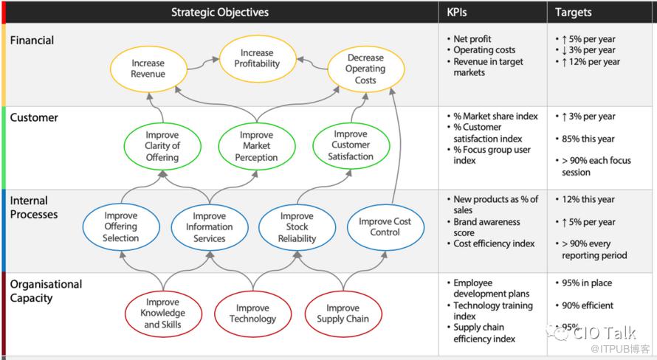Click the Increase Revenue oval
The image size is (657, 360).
click(x=148, y=69)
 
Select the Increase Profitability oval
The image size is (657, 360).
click(x=257, y=58)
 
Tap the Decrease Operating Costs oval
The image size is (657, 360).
click(x=365, y=69)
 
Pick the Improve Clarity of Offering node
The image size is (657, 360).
click(x=162, y=146)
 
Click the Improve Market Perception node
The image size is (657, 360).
click(x=256, y=146)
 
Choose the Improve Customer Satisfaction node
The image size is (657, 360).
click(x=351, y=145)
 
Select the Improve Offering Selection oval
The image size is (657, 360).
click(x=121, y=227)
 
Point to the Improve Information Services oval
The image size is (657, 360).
click(x=209, y=227)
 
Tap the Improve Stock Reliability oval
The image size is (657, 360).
click(x=297, y=227)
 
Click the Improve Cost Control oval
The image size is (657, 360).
click(x=385, y=226)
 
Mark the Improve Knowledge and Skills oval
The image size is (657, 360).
click(x=162, y=313)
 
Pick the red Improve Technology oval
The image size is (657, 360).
click(x=252, y=314)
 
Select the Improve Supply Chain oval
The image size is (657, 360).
click(x=343, y=314)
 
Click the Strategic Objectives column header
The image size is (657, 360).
click(x=220, y=12)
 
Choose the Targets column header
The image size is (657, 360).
click(x=574, y=12)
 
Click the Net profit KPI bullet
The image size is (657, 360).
click(x=472, y=39)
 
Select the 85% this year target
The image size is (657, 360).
click(x=588, y=138)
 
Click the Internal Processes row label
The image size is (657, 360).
click(x=34, y=207)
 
